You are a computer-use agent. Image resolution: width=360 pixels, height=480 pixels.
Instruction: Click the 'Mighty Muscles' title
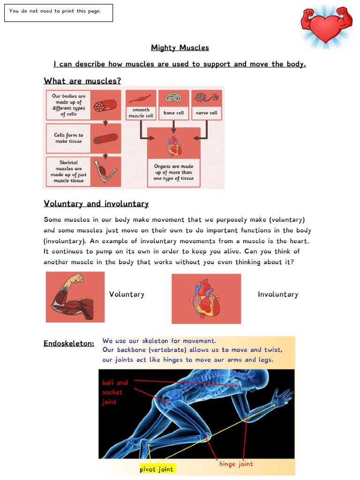(180, 48)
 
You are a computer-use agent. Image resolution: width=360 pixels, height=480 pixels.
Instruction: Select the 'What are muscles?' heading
(82, 81)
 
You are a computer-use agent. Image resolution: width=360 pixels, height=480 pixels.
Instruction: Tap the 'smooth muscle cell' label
(141, 112)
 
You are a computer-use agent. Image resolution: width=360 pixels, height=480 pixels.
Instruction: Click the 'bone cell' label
(174, 113)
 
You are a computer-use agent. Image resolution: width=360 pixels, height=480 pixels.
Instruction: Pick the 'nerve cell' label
(207, 113)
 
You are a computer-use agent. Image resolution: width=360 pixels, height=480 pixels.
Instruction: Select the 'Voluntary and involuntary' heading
(96, 203)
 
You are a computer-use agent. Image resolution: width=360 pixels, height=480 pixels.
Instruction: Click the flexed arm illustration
(75, 297)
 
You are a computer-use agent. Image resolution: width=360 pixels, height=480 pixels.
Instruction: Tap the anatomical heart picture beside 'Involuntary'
(206, 299)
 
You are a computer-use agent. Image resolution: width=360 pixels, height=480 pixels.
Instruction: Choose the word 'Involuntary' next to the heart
(278, 294)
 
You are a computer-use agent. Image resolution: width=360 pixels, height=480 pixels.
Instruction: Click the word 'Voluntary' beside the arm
(127, 294)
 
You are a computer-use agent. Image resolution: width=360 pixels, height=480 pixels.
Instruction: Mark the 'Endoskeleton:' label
(69, 344)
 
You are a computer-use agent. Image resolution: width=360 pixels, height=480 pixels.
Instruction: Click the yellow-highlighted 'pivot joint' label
(157, 469)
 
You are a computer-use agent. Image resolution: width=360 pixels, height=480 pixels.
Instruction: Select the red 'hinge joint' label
(236, 464)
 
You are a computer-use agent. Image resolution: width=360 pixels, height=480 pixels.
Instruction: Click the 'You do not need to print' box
(59, 13)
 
